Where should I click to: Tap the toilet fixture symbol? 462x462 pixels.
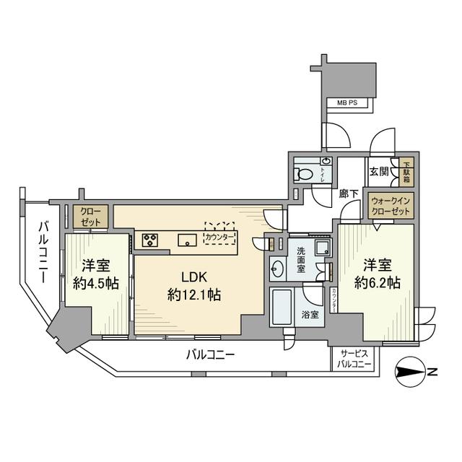click(x=305, y=174)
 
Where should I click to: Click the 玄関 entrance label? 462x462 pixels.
click(x=379, y=171)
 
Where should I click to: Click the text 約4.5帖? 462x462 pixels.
click(x=95, y=283)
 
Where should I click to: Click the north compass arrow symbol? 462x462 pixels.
click(x=412, y=372)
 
